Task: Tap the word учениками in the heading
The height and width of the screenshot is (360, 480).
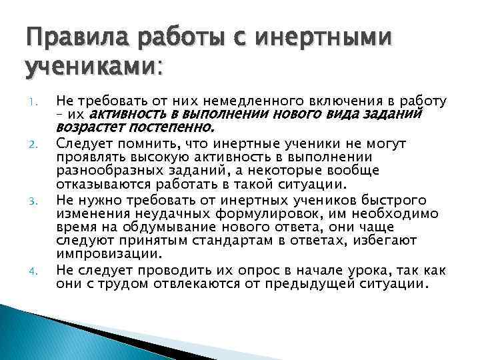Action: [87, 67]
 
